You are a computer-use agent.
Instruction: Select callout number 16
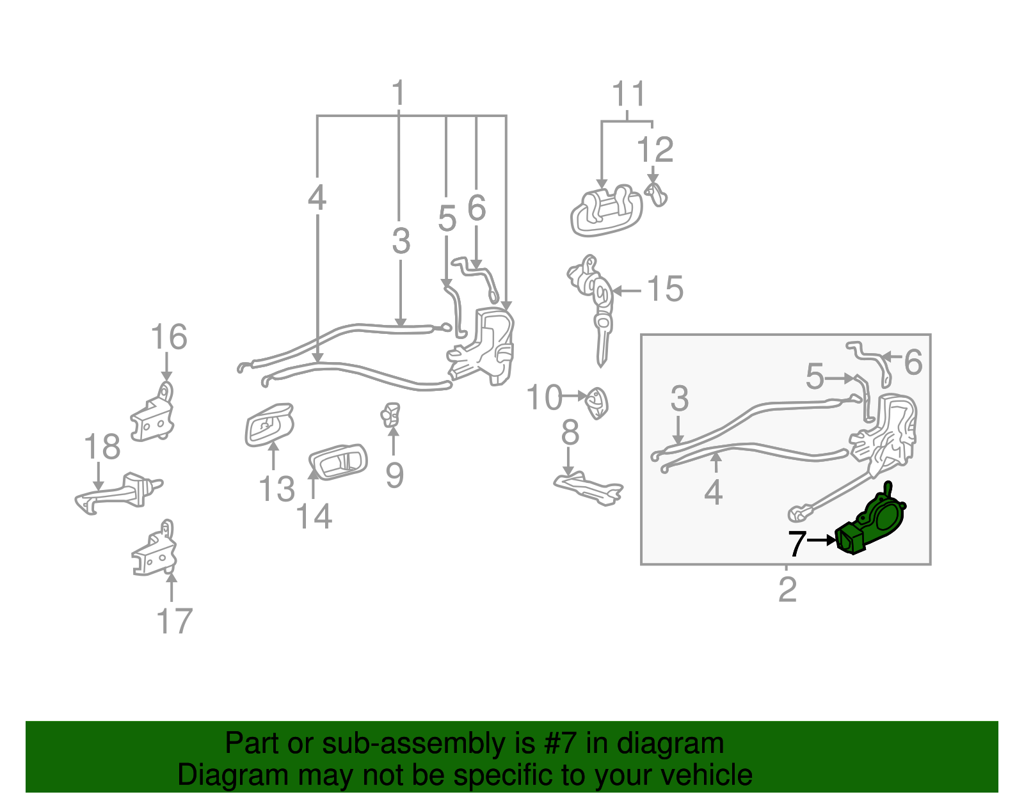tap(169, 337)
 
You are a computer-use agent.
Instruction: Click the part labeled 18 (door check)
tap(122, 493)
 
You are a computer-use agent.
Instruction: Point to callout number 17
tap(174, 621)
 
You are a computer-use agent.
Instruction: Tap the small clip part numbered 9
tap(391, 415)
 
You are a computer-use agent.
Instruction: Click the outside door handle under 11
tap(605, 212)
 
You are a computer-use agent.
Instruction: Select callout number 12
tap(655, 150)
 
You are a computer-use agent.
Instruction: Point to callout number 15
tap(666, 289)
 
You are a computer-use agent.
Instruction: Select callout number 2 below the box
tap(787, 589)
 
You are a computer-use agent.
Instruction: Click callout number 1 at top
tap(398, 93)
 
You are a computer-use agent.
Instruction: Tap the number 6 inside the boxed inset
tap(913, 363)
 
